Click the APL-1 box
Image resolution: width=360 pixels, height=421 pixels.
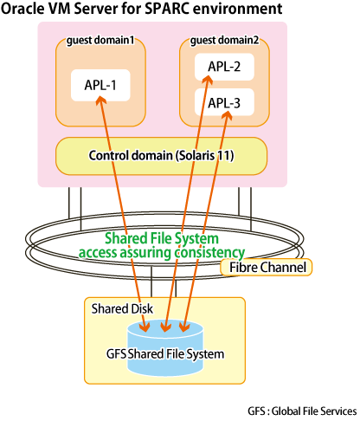pos(100,85)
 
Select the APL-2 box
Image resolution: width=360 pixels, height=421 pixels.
pos(224,67)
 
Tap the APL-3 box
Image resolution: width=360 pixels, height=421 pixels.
pos(224,102)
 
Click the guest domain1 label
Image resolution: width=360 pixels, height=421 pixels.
pos(100,40)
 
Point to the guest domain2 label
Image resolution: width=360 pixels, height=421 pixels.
pos(224,40)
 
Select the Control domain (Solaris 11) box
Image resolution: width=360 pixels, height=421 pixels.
pos(161,156)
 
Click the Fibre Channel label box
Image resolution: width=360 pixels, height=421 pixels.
pos(266,267)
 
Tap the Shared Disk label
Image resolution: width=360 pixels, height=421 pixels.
pos(122,308)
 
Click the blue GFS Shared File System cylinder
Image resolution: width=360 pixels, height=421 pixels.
pos(165,349)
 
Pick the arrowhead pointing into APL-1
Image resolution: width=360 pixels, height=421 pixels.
pos(100,100)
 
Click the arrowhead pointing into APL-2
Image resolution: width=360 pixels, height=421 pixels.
pos(208,80)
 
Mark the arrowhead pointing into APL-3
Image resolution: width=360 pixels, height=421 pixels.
pos(228,115)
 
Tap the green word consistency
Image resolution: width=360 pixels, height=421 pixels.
pos(209,252)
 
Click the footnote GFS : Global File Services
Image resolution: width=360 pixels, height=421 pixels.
pos(302,411)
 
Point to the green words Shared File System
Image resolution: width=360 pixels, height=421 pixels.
pos(162,238)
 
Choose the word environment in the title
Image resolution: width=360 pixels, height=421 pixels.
pos(237,9)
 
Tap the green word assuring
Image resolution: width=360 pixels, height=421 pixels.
pos(145,252)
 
